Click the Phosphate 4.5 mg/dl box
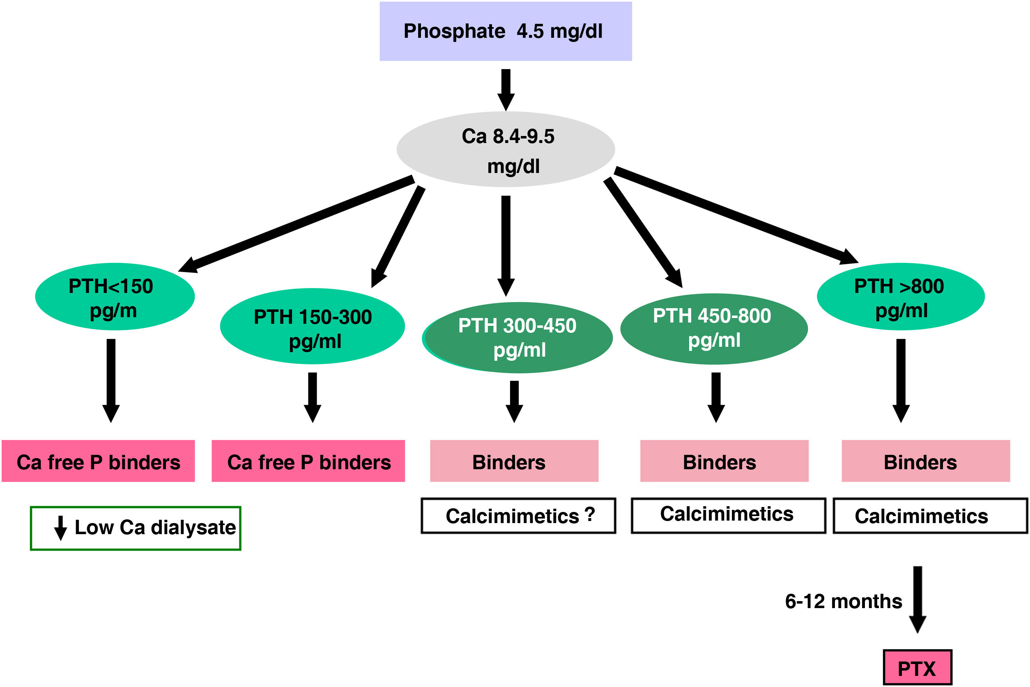tap(506, 31)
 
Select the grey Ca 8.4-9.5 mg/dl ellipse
tap(506, 150)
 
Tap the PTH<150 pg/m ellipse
tap(115, 297)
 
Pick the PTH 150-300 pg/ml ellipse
tap(312, 326)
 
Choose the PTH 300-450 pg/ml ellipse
tap(517, 337)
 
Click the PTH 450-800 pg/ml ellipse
tap(714, 329)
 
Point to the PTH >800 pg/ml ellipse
tap(900, 297)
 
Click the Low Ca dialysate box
tap(136, 528)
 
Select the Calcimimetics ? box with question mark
tap(519, 516)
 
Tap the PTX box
tap(917, 668)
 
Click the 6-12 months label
tap(844, 601)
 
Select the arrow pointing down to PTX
tap(917, 599)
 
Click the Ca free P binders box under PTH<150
tap(98, 461)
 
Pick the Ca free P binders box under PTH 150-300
tap(308, 461)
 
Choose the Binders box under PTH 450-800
tap(724, 461)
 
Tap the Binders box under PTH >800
tap(926, 461)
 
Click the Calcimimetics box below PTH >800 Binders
tap(930, 516)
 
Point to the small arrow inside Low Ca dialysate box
tap(60, 528)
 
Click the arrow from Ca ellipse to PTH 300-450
tap(506, 245)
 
